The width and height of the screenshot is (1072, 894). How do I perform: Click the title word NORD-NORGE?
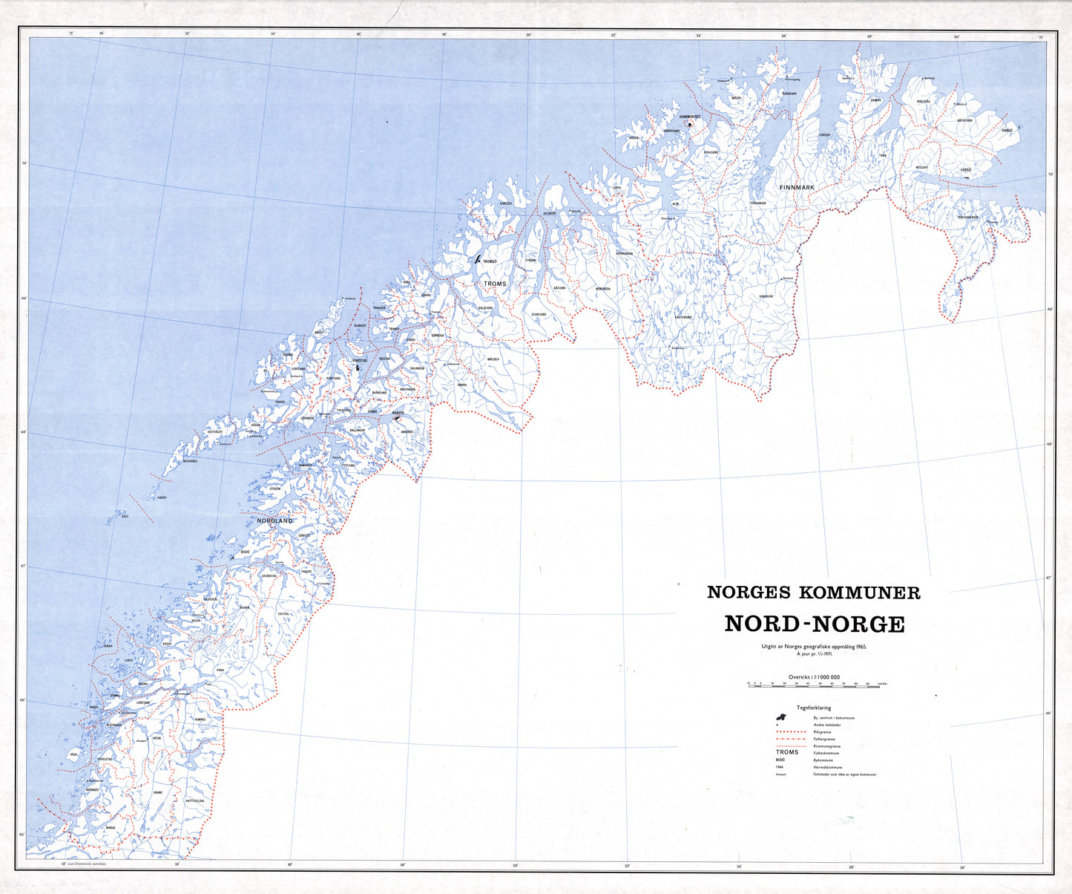tap(814, 624)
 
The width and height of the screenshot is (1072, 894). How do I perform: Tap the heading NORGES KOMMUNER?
tap(813, 593)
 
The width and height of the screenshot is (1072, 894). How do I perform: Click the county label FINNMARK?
tap(797, 188)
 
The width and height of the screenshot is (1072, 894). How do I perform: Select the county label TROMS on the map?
tap(494, 284)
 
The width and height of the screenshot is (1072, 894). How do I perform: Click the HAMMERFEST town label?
tap(689, 117)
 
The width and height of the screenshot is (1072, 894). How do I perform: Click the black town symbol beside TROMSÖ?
tap(478, 261)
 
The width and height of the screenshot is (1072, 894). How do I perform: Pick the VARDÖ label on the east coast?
tap(1007, 131)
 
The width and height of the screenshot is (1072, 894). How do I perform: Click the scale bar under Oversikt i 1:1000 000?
tap(817, 686)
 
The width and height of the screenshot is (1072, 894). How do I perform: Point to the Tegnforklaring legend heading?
tap(813, 708)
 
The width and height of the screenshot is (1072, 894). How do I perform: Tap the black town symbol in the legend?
tap(780, 717)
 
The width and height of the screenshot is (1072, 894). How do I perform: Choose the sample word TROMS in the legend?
tap(787, 752)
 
